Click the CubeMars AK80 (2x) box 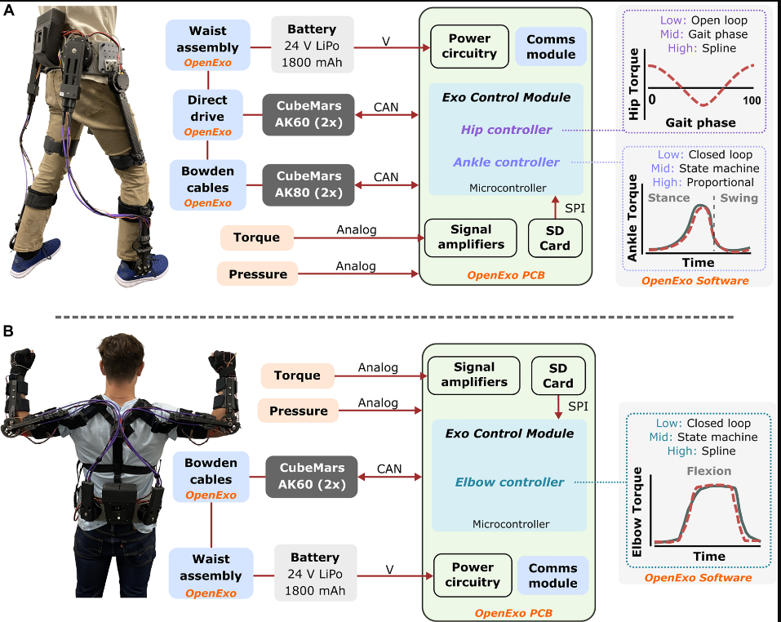pyautogui.click(x=308, y=184)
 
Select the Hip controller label pyautogui.click(x=506, y=130)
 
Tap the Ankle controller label pyautogui.click(x=506, y=162)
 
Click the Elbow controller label pyautogui.click(x=509, y=482)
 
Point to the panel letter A pyautogui.click(x=8, y=10)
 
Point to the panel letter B pyautogui.click(x=8, y=331)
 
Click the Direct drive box pyautogui.click(x=208, y=115)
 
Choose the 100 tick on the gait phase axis pyautogui.click(x=752, y=100)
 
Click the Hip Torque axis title pyautogui.click(x=633, y=83)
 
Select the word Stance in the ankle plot pyautogui.click(x=669, y=198)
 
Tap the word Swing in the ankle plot pyautogui.click(x=739, y=198)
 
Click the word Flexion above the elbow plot pyautogui.click(x=709, y=471)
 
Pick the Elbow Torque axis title pyautogui.click(x=637, y=512)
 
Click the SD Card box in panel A pyautogui.click(x=555, y=238)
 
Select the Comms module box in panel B pyautogui.click(x=552, y=575)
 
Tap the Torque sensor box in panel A pyautogui.click(x=256, y=238)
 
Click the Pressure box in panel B pyautogui.click(x=299, y=411)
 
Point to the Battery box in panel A pyautogui.click(x=313, y=45)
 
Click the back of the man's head pyautogui.click(x=121, y=359)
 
